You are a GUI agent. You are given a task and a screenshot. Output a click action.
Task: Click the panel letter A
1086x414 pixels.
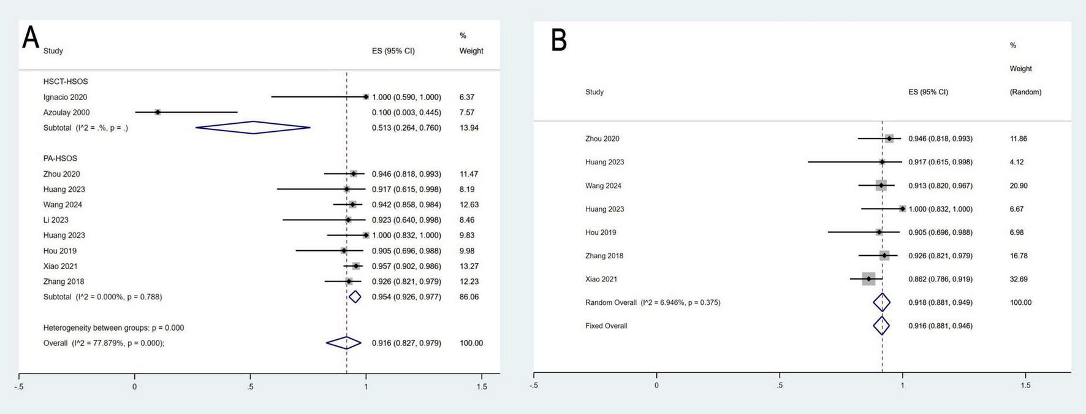click(x=31, y=38)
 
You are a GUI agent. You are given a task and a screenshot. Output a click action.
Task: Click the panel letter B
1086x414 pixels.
click(x=559, y=40)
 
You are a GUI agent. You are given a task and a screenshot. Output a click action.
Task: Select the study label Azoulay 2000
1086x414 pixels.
click(x=66, y=112)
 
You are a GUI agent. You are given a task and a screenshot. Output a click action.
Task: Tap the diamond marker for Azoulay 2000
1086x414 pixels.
click(x=158, y=112)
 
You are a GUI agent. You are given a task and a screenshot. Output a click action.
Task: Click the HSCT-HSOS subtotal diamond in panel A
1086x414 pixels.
click(x=253, y=128)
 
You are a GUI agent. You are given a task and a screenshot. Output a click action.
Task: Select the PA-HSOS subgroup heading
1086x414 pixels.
click(x=60, y=158)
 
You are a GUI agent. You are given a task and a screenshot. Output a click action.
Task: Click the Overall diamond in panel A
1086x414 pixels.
click(x=344, y=343)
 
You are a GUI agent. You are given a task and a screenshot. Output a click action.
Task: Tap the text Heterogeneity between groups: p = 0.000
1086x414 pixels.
click(x=113, y=328)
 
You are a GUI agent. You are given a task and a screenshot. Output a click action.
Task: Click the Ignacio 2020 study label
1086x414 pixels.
click(x=65, y=97)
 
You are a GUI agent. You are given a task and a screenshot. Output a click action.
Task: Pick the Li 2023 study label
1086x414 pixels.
click(x=56, y=220)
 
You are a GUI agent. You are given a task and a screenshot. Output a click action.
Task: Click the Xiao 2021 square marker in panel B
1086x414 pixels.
click(x=868, y=279)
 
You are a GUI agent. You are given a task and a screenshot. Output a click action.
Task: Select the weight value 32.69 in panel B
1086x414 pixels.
click(x=1019, y=279)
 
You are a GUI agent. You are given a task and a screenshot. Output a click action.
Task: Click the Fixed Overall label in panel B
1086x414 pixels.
click(x=606, y=326)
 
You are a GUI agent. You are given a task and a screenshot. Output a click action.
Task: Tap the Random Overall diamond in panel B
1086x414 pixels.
click(x=881, y=302)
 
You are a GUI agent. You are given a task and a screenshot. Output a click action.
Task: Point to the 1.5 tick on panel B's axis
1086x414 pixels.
click(x=1025, y=385)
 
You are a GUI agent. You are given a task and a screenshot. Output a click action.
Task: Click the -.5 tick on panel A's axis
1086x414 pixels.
click(x=20, y=386)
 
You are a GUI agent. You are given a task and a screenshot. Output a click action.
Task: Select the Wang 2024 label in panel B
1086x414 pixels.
click(x=603, y=186)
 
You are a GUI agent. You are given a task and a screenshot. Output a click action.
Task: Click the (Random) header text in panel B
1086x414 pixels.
click(x=1025, y=92)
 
